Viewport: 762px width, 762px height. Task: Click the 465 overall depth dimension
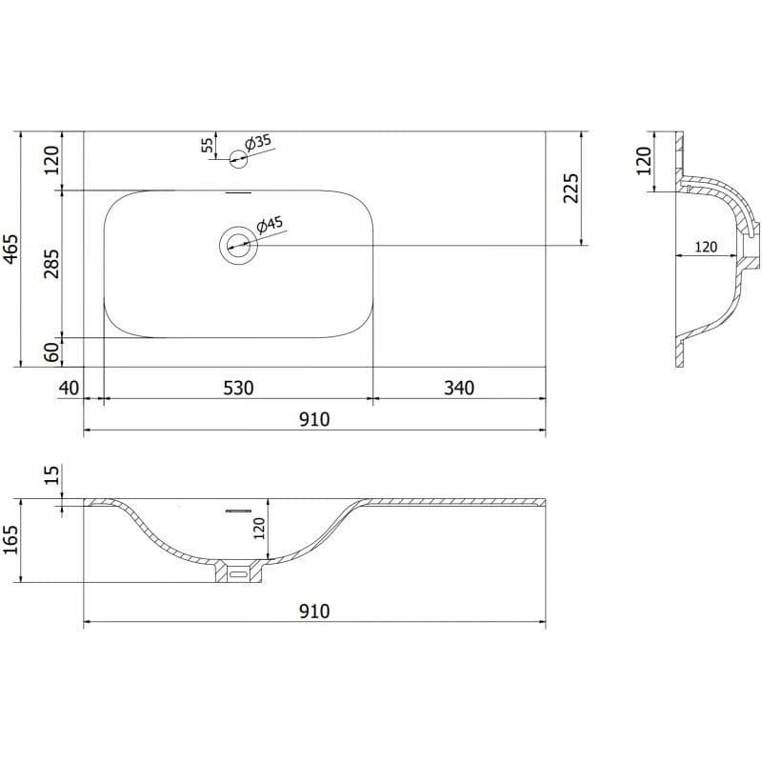point(10,250)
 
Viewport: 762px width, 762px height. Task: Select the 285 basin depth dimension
point(51,264)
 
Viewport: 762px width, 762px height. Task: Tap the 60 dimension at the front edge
point(51,351)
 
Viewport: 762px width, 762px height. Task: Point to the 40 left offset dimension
point(69,388)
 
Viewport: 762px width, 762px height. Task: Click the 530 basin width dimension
point(238,388)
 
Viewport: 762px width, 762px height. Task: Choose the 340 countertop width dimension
point(459,388)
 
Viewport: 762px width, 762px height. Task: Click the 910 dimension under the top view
point(314,419)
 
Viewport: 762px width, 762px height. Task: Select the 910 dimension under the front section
point(314,611)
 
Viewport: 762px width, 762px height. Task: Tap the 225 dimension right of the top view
point(571,188)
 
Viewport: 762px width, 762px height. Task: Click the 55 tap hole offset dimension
point(208,145)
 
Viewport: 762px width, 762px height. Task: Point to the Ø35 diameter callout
point(257,142)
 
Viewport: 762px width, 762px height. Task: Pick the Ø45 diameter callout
point(270,225)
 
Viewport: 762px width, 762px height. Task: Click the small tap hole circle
point(238,159)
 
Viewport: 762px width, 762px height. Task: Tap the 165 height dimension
point(10,539)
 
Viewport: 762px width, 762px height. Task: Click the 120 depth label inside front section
point(258,529)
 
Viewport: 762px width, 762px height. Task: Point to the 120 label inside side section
point(706,247)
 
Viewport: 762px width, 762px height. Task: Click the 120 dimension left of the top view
point(51,160)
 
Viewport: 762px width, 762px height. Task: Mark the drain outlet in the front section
point(239,571)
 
